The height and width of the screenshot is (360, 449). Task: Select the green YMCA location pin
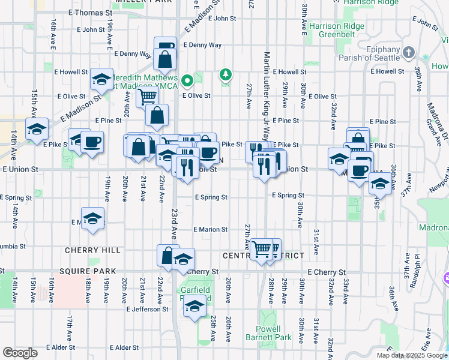[x=187, y=79]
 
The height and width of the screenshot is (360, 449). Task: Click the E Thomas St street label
[x=91, y=12]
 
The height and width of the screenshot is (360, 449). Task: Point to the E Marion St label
[x=211, y=229]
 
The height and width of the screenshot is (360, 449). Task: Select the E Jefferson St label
[x=148, y=309]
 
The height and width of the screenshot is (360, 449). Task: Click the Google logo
[x=20, y=352]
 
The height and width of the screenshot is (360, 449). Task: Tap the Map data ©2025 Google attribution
[x=412, y=355]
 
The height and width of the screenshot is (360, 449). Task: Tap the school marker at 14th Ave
[x=37, y=128]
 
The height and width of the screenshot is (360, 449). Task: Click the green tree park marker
[x=226, y=75]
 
